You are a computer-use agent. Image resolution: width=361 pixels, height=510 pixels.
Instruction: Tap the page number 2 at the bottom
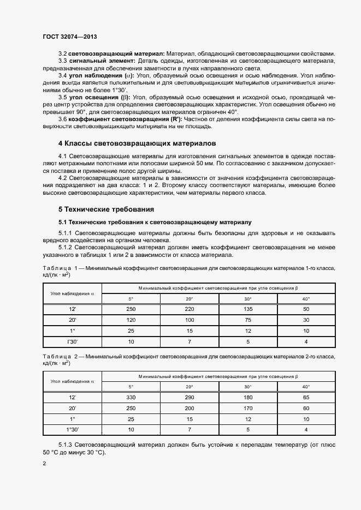pyautogui.click(x=44, y=464)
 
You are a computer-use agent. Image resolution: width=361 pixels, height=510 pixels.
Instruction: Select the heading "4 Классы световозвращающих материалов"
pyautogui.click(x=138, y=143)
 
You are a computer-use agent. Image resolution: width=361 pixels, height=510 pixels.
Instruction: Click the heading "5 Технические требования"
pyautogui.click(x=106, y=209)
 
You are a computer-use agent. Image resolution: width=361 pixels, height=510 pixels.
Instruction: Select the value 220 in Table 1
pyautogui.click(x=189, y=309)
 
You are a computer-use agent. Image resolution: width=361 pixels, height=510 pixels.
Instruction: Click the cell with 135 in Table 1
pyautogui.click(x=247, y=309)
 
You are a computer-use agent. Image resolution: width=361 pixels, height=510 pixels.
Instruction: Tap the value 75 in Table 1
pyautogui.click(x=247, y=320)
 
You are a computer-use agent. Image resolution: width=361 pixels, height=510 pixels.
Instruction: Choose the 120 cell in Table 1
pyautogui.click(x=131, y=320)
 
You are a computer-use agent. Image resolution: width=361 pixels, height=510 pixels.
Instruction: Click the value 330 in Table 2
pyautogui.click(x=131, y=397)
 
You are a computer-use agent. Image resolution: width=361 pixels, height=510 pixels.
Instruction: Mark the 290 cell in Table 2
pyautogui.click(x=189, y=397)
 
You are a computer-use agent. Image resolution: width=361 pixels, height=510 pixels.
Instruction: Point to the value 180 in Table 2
pyautogui.click(x=247, y=397)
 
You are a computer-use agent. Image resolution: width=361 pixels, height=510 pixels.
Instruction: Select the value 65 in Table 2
pyautogui.click(x=306, y=397)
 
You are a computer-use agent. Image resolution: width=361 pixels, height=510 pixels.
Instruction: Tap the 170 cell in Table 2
pyautogui.click(x=247, y=407)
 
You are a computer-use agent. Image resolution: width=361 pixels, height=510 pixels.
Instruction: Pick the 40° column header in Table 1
pyautogui.click(x=306, y=298)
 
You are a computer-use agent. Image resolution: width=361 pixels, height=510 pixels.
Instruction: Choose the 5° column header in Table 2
pyautogui.click(x=131, y=387)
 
